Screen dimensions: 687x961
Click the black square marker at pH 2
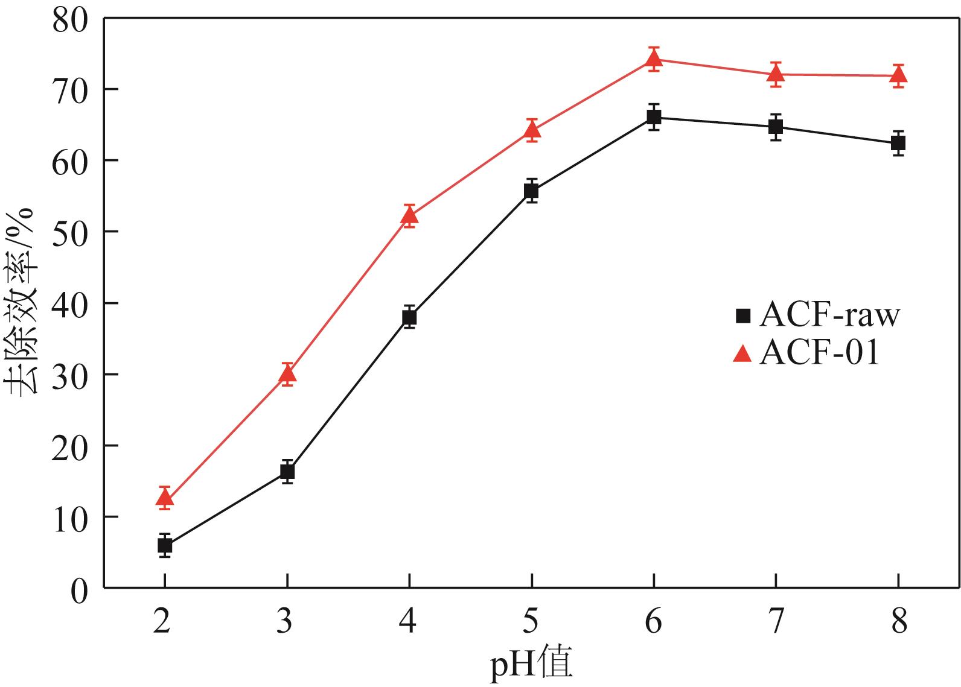point(165,545)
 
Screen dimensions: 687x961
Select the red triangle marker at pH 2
point(165,498)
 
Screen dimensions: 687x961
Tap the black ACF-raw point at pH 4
point(409,317)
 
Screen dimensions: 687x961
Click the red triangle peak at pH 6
point(654,59)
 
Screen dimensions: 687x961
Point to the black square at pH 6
point(654,117)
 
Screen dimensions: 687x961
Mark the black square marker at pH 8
point(898,143)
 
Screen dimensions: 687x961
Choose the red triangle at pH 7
point(776,74)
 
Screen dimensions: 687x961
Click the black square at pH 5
point(531,191)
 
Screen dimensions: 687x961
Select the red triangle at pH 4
point(409,215)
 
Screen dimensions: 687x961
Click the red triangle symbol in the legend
point(742,354)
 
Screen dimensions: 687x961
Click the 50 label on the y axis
point(69,232)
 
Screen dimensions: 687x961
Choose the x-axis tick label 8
point(899,621)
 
